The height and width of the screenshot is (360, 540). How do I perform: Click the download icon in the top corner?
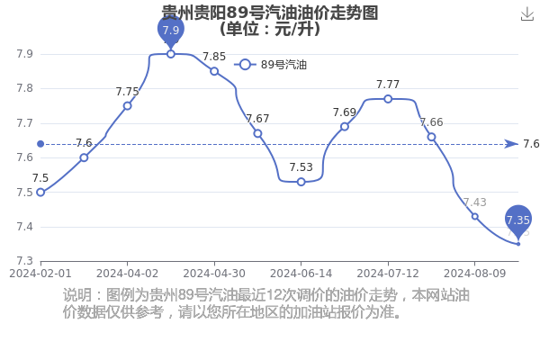(x=526, y=14)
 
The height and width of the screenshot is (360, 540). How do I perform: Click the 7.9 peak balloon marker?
(x=171, y=31)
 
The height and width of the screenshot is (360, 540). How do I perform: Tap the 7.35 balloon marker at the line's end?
(x=518, y=220)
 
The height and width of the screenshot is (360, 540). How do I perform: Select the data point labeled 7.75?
(x=128, y=106)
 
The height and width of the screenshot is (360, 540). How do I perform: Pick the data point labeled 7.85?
(x=214, y=71)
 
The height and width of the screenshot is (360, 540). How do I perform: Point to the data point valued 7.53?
(x=301, y=182)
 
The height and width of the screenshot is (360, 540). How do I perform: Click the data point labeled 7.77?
(x=388, y=99)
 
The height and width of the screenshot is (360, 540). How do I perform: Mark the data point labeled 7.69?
(x=345, y=127)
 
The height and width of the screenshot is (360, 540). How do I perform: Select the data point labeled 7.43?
(x=475, y=216)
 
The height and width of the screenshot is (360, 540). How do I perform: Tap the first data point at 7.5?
(x=40, y=193)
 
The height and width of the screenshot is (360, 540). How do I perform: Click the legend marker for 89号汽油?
(x=245, y=65)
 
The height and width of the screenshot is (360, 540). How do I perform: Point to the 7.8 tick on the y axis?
(x=25, y=88)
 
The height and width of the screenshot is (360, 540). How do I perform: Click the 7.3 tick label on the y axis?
(x=25, y=261)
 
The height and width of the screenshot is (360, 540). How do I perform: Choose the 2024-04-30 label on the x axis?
(x=214, y=274)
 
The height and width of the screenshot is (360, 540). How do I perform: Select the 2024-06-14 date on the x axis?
(x=301, y=274)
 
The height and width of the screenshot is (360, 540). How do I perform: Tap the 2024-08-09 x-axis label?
(x=475, y=274)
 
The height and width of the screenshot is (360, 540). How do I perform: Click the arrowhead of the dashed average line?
(x=512, y=144)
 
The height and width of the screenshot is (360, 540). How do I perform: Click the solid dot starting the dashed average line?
(x=40, y=144)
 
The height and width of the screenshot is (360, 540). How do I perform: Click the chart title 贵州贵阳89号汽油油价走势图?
(x=270, y=13)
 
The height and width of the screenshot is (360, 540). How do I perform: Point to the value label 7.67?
(x=257, y=119)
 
